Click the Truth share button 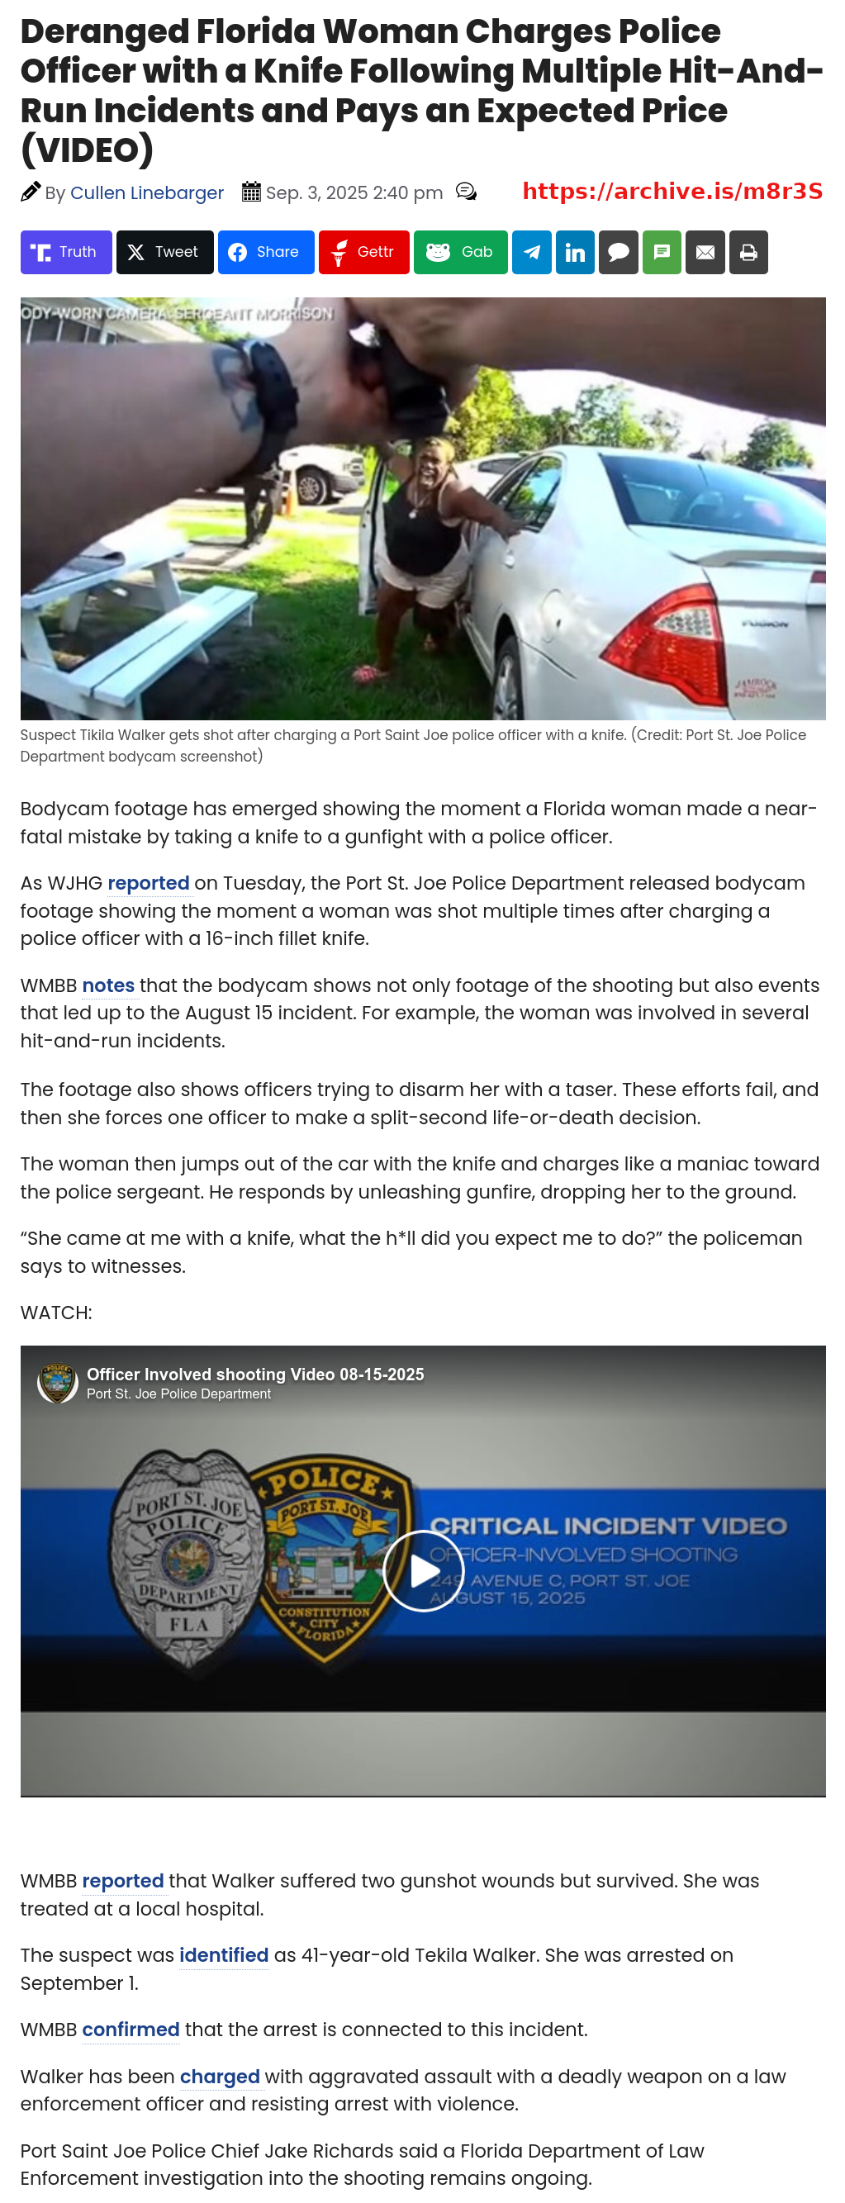coord(66,252)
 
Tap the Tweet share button coord(164,252)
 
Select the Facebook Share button coord(265,252)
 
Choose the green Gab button coord(460,252)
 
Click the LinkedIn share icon coord(575,252)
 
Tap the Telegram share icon coord(531,252)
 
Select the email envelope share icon coord(705,252)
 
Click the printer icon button coord(748,252)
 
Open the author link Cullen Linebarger coord(146,193)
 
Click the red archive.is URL coord(672,192)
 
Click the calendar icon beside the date coord(250,192)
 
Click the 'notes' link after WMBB coord(107,986)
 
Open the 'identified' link coord(223,1956)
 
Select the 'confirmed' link coord(130,2030)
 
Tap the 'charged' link coord(219,2077)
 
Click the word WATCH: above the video coord(56,1313)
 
